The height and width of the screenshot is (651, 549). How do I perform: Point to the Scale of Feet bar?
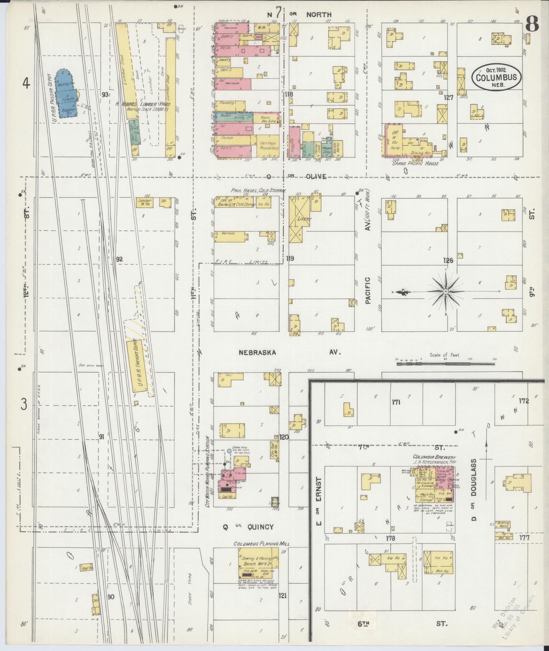pyautogui.click(x=445, y=364)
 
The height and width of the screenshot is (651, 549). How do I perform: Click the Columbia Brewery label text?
pyautogui.click(x=434, y=457)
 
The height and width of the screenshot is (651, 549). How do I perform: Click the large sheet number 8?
pyautogui.click(x=532, y=25)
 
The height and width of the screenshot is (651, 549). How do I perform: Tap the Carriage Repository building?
pyautogui.click(x=269, y=145)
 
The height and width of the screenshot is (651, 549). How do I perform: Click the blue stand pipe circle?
pyautogui.click(x=229, y=451)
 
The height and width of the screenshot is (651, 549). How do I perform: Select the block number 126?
pyautogui.click(x=448, y=260)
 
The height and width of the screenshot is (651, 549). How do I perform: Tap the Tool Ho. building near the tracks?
pyautogui.click(x=86, y=568)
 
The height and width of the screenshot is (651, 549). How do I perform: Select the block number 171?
pyautogui.click(x=395, y=403)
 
